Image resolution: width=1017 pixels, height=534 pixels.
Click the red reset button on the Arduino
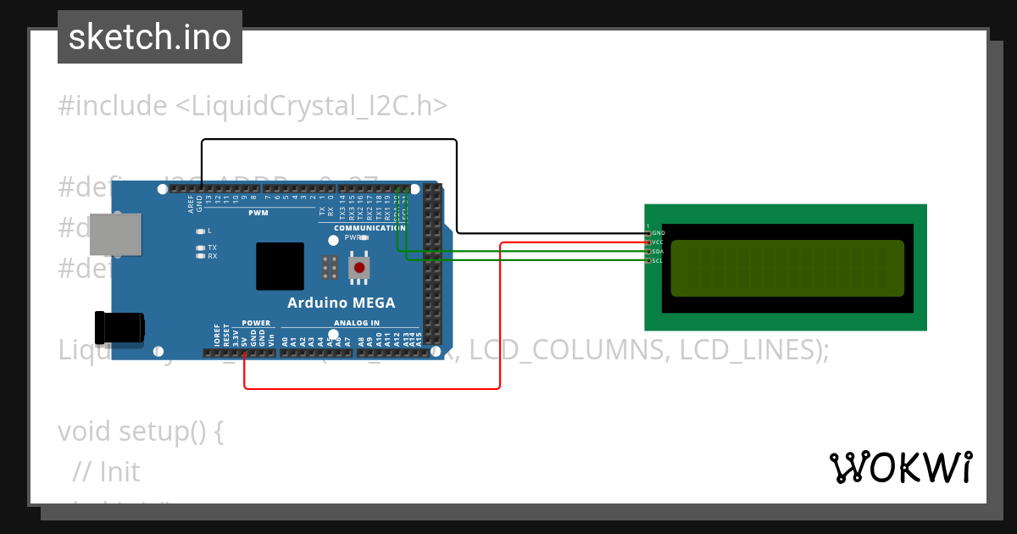pyautogui.click(x=359, y=268)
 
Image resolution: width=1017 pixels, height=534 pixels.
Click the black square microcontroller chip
pyautogui.click(x=280, y=267)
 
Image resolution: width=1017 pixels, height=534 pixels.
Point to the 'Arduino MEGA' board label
pyautogui.click(x=341, y=303)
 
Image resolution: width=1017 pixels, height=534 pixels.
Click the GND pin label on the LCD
pyautogui.click(x=659, y=232)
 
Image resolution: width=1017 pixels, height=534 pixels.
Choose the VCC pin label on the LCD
pyautogui.click(x=659, y=242)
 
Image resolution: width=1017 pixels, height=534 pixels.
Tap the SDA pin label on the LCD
pyautogui.click(x=659, y=252)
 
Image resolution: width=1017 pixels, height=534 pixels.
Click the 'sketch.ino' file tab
pyautogui.click(x=150, y=37)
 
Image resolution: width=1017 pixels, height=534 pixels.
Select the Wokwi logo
pyautogui.click(x=900, y=467)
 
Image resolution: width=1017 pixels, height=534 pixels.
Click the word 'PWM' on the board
pyautogui.click(x=258, y=213)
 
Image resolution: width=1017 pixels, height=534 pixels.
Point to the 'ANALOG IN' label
pyautogui.click(x=357, y=323)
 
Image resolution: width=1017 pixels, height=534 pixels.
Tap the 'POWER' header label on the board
pyautogui.click(x=256, y=323)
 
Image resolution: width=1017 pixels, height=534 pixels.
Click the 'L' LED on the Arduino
pyautogui.click(x=201, y=231)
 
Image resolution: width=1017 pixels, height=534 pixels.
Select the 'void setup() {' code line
pyautogui.click(x=141, y=431)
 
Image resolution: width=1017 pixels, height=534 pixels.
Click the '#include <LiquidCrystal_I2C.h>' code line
pyautogui.click(x=253, y=106)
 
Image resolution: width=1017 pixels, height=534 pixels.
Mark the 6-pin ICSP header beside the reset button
pyautogui.click(x=330, y=267)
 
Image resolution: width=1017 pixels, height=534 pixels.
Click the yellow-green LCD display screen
pyautogui.click(x=787, y=269)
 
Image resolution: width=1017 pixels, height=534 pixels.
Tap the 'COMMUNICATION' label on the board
pyautogui.click(x=369, y=228)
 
